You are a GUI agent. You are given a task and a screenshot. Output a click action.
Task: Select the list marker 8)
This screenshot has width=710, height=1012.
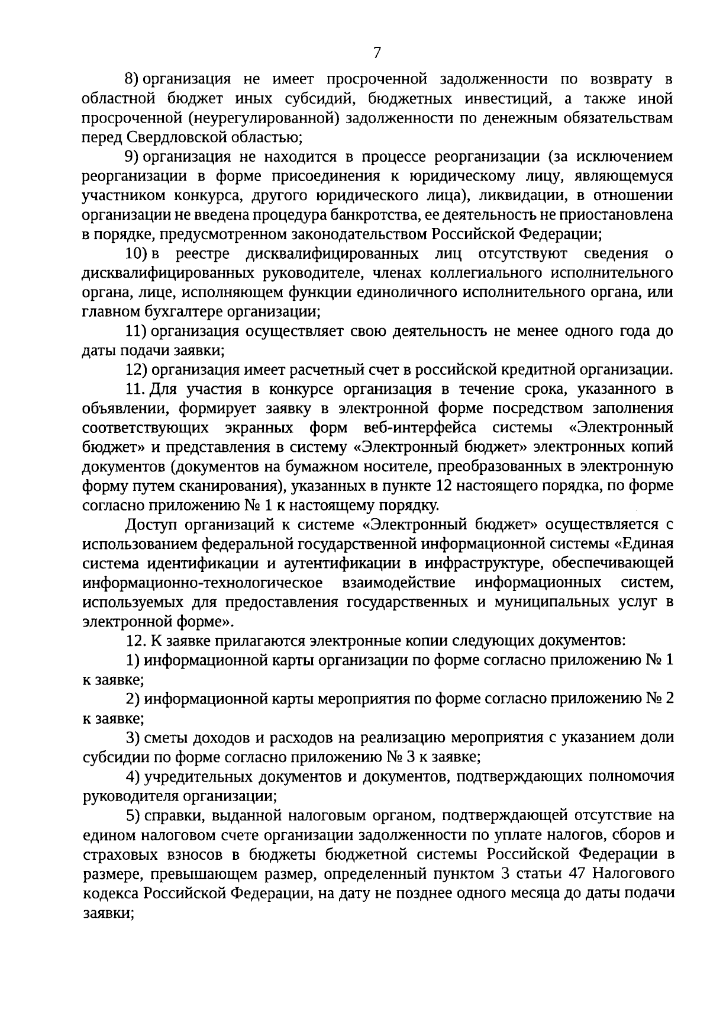131,79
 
